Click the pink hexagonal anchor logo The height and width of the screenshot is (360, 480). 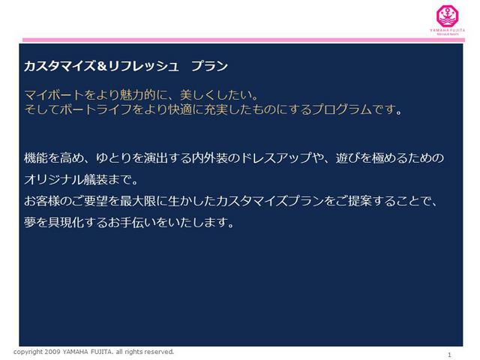(x=447, y=16)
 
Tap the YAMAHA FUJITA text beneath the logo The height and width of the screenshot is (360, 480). (x=447, y=30)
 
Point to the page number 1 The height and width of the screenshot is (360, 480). (x=449, y=355)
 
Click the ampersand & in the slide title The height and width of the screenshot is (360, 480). (x=102, y=66)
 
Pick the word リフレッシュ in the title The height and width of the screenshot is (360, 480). (x=142, y=66)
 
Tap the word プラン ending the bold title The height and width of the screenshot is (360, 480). (x=209, y=66)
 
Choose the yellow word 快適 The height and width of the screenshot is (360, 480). (x=180, y=109)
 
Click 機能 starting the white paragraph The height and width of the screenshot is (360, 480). (x=36, y=158)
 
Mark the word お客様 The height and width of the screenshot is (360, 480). (x=42, y=201)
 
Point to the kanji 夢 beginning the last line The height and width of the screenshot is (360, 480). (x=30, y=223)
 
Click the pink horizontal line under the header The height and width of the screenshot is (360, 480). (x=244, y=40)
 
